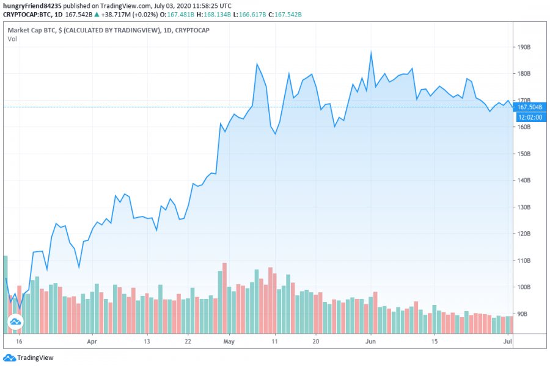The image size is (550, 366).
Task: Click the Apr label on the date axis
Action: (92, 342)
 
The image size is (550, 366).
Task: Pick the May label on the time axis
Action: (230, 342)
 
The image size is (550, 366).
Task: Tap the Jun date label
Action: (370, 342)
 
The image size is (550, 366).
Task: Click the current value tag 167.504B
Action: (529, 107)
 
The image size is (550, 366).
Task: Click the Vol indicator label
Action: (12, 39)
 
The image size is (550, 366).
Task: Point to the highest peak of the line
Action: (371, 52)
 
